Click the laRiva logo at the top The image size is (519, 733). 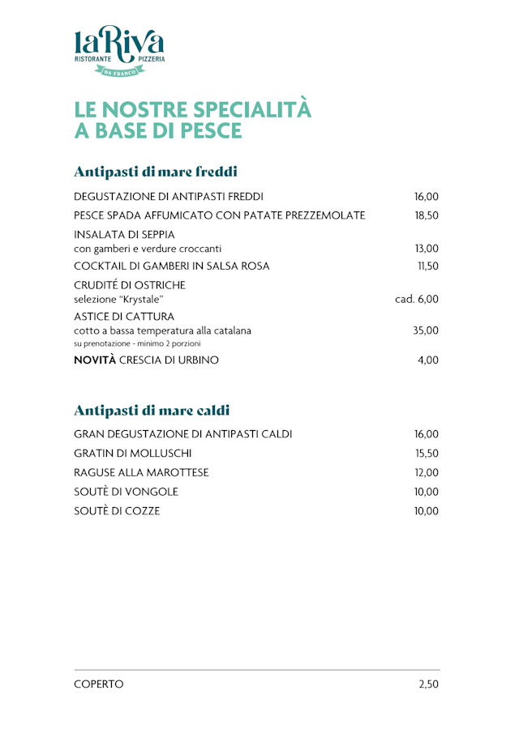(119, 50)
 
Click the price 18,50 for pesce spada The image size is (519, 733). (427, 215)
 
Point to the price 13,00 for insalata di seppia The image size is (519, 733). (427, 249)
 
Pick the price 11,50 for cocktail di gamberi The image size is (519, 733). (427, 266)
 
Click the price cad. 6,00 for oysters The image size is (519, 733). (417, 299)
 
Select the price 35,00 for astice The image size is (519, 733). (427, 330)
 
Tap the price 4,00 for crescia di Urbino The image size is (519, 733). (428, 360)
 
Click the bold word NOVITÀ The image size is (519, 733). (95, 360)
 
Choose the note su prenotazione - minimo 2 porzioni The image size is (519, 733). (137, 344)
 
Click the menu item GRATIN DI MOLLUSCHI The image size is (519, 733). (133, 454)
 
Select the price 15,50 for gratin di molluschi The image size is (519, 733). (427, 454)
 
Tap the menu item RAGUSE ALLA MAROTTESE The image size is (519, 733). (141, 473)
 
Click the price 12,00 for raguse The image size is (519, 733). (427, 473)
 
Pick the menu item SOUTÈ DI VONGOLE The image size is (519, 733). (126, 492)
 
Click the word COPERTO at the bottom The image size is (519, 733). (99, 684)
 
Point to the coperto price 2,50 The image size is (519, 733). (429, 684)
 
